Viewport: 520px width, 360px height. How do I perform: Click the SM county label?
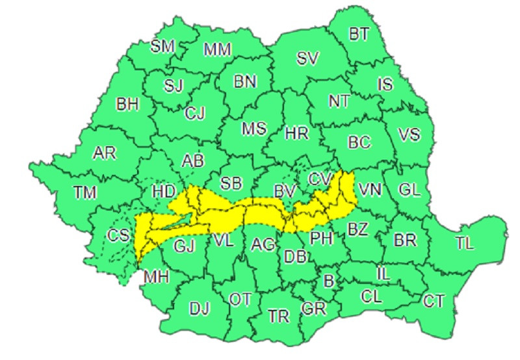[x=162, y=45]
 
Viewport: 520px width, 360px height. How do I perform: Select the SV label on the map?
[x=307, y=58]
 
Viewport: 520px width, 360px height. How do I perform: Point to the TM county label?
[x=84, y=192]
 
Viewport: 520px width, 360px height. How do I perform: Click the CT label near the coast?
[x=434, y=301]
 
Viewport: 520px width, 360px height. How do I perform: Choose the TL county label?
[x=465, y=244]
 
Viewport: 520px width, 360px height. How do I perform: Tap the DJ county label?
[x=200, y=308]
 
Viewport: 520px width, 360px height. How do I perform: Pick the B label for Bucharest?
[x=328, y=281]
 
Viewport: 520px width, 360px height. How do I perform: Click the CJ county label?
[x=194, y=113]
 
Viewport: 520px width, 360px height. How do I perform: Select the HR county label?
[x=297, y=133]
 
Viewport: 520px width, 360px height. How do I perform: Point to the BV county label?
[x=284, y=191]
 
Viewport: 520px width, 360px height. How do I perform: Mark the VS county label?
[x=409, y=135]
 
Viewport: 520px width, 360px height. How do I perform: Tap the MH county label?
[x=156, y=277]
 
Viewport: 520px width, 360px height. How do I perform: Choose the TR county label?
[x=279, y=316]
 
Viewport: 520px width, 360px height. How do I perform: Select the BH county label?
[x=127, y=104]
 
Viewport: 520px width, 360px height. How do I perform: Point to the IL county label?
[x=383, y=274]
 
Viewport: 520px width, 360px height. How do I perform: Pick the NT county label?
[x=339, y=101]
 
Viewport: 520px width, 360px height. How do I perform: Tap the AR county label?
[x=104, y=153]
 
